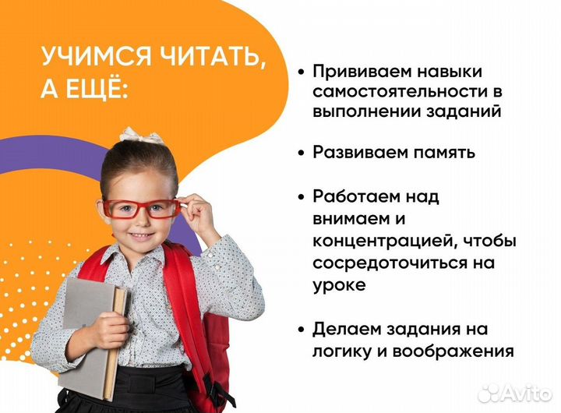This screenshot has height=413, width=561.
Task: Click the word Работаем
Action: point(355,197)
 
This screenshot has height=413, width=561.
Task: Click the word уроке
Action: point(339,285)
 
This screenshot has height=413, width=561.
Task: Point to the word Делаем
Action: point(344,329)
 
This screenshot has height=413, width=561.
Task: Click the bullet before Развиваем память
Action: point(301,154)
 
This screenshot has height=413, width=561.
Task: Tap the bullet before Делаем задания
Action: point(301,330)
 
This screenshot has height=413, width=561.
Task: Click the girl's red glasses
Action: point(141,208)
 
